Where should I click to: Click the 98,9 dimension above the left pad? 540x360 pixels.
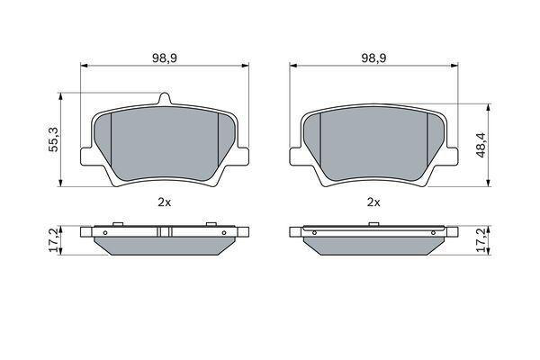(165, 58)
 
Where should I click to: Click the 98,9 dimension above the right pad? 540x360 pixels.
(373, 58)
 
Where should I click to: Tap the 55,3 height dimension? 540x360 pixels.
(54, 139)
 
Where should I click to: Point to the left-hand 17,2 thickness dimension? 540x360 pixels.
(54, 240)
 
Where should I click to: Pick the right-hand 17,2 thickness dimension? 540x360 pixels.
(481, 240)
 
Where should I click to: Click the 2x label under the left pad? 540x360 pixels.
(165, 202)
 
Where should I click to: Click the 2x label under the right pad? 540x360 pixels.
(373, 202)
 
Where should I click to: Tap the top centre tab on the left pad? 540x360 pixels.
(165, 98)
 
